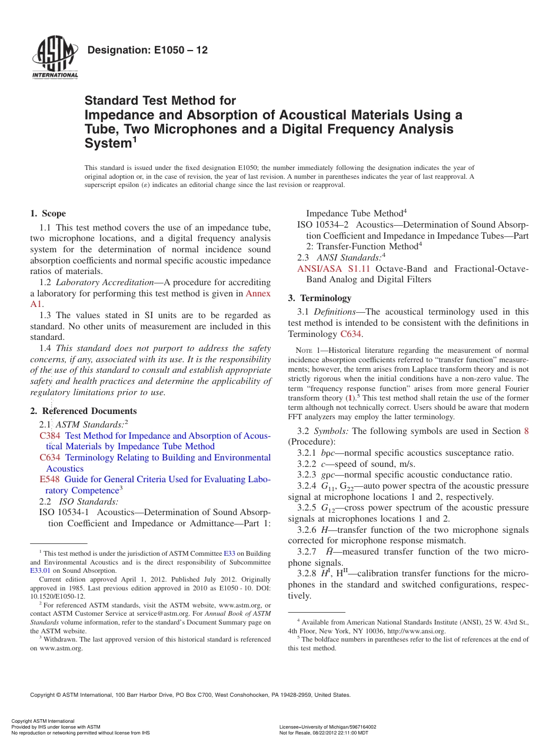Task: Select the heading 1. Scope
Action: pyautogui.click(x=48, y=213)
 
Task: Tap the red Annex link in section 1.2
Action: pyautogui.click(x=258, y=293)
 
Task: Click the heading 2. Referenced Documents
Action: pyautogui.click(x=84, y=411)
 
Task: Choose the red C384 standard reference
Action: pyautogui.click(x=49, y=436)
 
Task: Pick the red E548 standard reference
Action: pyautogui.click(x=49, y=479)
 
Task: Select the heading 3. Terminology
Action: pyautogui.click(x=320, y=298)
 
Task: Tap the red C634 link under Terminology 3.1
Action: pyautogui.click(x=351, y=334)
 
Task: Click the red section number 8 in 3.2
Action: pyautogui.click(x=526, y=431)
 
